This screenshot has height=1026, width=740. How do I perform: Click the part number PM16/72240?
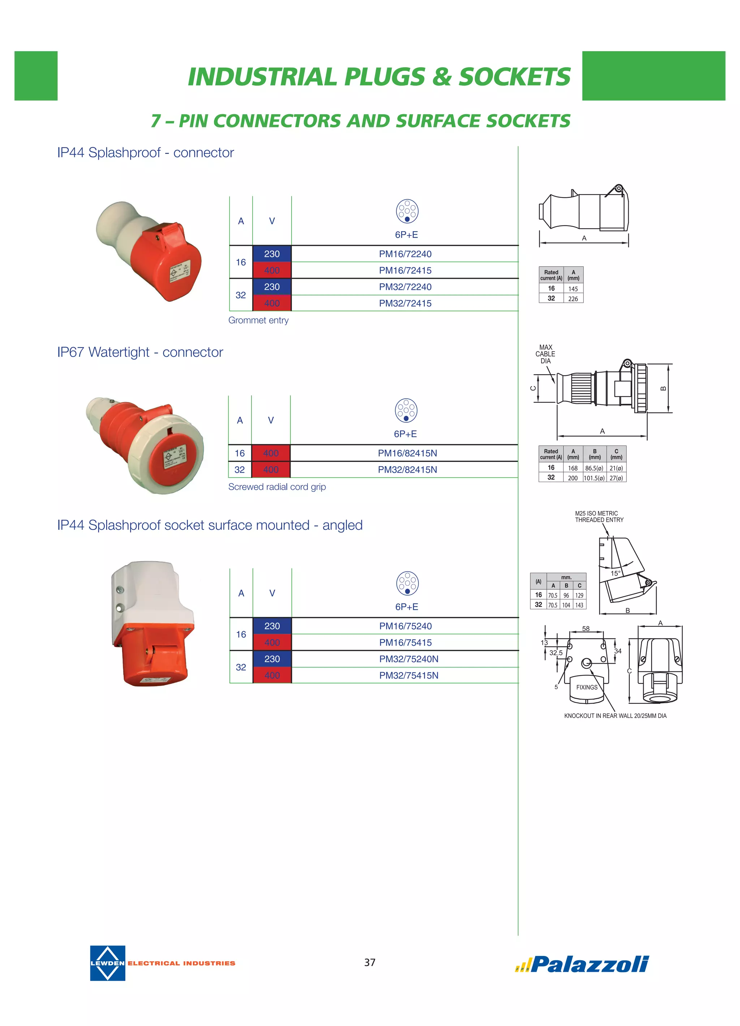click(x=405, y=254)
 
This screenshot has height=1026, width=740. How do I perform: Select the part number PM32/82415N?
click(x=407, y=469)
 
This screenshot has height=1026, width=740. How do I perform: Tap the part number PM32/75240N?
click(x=409, y=659)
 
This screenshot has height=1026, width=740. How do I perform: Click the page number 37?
click(x=370, y=962)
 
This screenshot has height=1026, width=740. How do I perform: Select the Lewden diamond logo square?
click(x=107, y=963)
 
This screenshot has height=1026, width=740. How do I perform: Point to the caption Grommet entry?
click(x=258, y=320)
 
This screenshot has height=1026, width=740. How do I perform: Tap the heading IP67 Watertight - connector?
click(x=140, y=352)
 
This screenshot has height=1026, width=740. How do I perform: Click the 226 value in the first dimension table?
click(x=573, y=299)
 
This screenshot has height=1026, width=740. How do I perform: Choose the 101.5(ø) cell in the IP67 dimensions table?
click(x=594, y=478)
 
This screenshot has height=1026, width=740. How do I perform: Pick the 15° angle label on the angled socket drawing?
click(x=616, y=573)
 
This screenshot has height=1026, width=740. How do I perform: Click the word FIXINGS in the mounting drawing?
click(x=586, y=687)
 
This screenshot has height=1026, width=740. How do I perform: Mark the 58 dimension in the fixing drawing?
click(x=586, y=629)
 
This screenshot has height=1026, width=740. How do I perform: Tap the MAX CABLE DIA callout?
click(x=545, y=354)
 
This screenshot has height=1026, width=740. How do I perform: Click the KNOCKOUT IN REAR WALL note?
click(x=615, y=716)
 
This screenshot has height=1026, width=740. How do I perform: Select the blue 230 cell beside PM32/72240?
click(x=272, y=287)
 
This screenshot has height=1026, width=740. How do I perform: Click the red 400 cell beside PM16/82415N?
click(x=271, y=453)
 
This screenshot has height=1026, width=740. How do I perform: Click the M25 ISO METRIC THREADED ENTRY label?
click(x=599, y=517)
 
